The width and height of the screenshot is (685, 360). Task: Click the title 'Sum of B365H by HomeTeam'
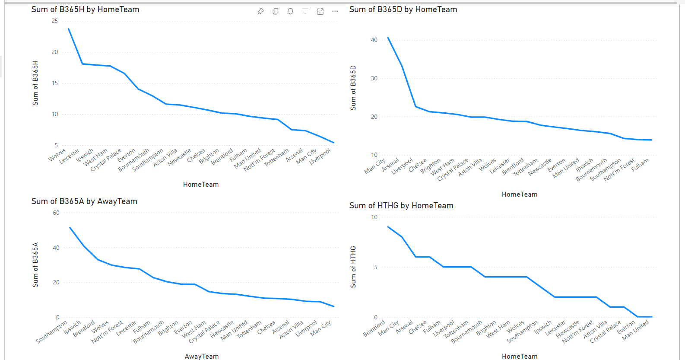tap(85, 10)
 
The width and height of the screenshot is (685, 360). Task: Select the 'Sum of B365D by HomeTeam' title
tap(403, 10)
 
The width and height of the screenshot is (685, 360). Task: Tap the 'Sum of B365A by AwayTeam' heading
tap(84, 201)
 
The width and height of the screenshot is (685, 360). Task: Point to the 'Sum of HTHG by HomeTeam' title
tap(401, 206)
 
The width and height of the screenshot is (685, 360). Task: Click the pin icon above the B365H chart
tap(260, 11)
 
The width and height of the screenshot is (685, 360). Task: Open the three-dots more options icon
tap(335, 11)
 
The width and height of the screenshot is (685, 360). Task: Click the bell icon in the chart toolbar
tap(290, 11)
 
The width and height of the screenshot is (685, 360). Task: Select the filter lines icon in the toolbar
tap(305, 11)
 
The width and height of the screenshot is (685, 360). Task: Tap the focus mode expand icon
tap(320, 11)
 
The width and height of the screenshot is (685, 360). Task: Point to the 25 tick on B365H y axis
tap(54, 21)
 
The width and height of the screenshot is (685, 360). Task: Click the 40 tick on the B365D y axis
tap(374, 40)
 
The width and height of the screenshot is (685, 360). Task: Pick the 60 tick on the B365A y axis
tap(56, 213)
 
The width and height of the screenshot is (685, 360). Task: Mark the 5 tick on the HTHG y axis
tap(376, 267)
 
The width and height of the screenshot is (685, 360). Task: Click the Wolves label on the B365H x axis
tap(57, 155)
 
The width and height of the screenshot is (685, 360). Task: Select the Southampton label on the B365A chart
tap(52, 332)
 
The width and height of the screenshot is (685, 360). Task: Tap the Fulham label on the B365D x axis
tap(640, 165)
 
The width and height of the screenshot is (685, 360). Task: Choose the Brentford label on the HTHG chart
tap(374, 329)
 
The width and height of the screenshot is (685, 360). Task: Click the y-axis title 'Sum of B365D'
tap(353, 88)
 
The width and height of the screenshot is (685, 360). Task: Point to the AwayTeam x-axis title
tap(202, 357)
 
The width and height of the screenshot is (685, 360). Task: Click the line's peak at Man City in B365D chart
tap(388, 38)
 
